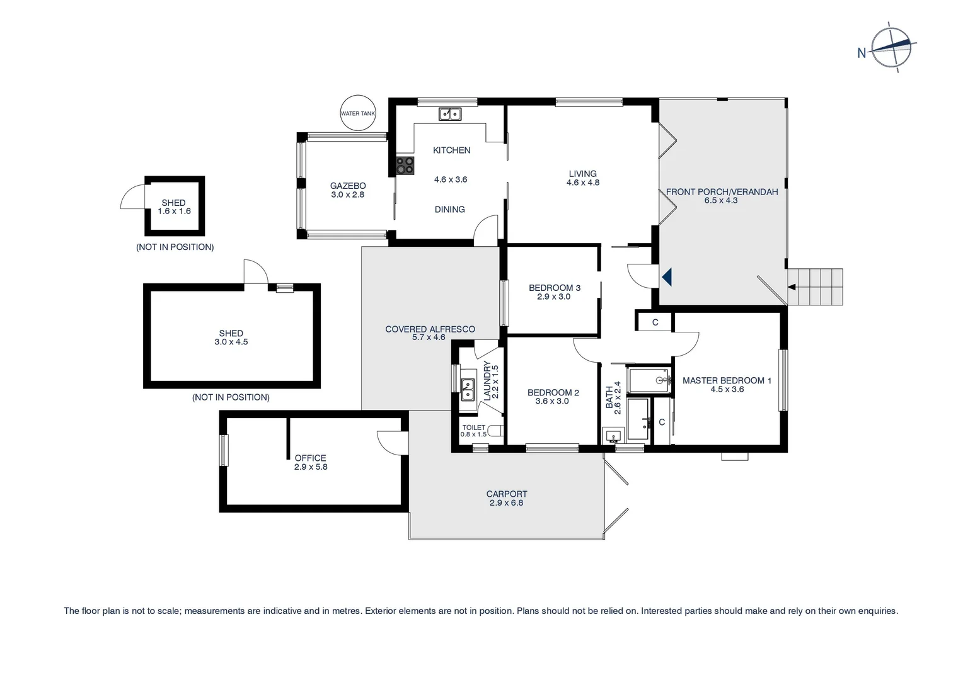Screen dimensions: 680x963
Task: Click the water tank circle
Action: (357, 113)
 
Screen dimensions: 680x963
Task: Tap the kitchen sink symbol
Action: (450, 114)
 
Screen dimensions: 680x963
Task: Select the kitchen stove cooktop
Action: (405, 166)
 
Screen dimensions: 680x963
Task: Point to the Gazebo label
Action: (348, 186)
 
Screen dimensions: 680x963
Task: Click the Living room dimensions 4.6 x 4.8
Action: (582, 183)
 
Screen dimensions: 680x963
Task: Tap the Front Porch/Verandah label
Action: (722, 191)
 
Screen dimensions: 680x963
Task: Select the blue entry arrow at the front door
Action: (667, 276)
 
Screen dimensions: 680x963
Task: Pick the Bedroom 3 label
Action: (554, 288)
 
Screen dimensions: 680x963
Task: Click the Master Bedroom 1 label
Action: (727, 380)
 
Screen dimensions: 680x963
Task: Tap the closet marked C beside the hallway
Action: (655, 322)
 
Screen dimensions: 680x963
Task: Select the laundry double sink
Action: (467, 390)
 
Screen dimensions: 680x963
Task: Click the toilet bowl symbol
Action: (498, 431)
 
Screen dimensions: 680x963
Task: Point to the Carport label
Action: (506, 494)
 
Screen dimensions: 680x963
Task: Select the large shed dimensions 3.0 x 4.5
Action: (231, 342)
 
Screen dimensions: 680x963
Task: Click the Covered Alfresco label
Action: (430, 329)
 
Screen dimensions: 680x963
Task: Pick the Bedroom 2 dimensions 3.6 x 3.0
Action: (552, 401)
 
